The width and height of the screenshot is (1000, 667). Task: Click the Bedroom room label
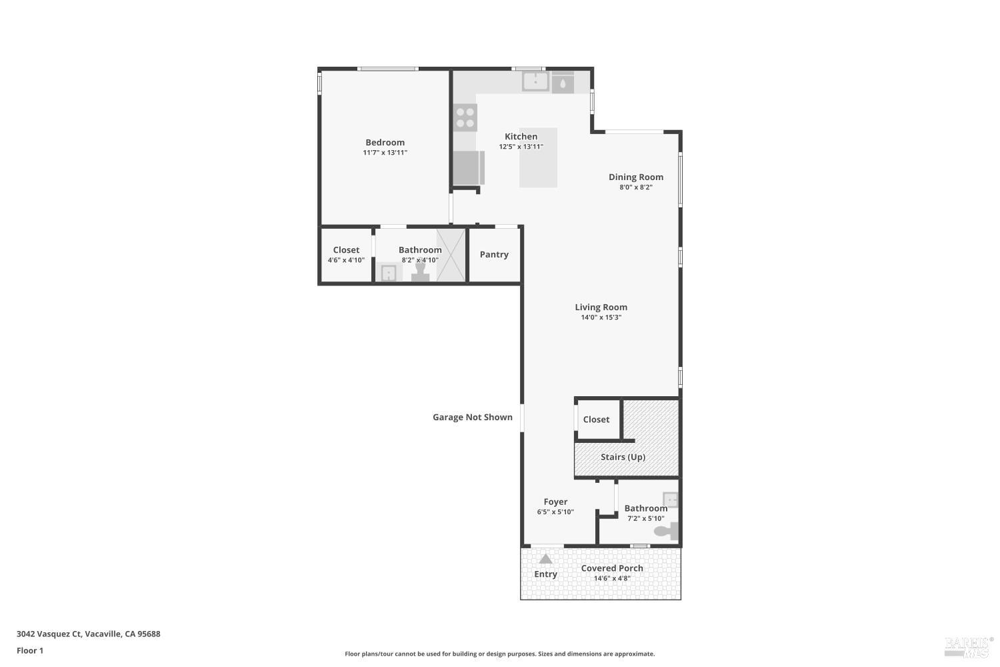tap(385, 142)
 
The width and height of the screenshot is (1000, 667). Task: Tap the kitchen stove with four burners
tap(465, 118)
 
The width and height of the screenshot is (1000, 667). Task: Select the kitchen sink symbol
tap(535, 81)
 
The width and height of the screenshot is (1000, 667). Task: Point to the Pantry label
tap(494, 254)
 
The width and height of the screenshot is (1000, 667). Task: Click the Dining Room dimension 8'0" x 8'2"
tap(635, 187)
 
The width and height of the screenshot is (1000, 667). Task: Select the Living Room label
tap(601, 307)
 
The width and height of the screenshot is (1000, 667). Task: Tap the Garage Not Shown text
tap(473, 417)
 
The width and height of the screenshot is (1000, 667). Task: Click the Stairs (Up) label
tap(623, 457)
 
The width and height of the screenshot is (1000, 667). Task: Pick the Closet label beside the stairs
tap(596, 420)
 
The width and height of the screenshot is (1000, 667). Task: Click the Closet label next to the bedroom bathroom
tap(346, 249)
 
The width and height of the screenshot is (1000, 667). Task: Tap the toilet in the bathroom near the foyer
tap(666, 531)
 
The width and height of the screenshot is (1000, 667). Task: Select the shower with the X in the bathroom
tap(451, 255)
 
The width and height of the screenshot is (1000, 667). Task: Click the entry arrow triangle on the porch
tap(546, 559)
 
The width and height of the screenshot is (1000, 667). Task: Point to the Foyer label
tap(555, 502)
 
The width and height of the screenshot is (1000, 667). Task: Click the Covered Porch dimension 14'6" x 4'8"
tap(611, 578)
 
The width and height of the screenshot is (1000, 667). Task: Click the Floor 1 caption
tap(30, 650)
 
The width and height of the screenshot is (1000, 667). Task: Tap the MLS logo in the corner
tap(969, 646)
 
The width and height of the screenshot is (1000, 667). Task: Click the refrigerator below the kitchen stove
tap(468, 167)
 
